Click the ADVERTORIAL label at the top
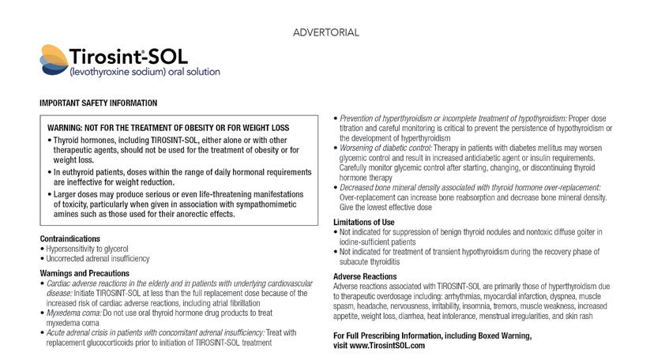[326, 32]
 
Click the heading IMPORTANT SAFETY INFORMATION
[98, 103]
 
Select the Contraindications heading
[70, 238]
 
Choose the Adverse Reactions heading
[364, 276]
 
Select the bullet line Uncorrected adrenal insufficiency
[96, 258]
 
